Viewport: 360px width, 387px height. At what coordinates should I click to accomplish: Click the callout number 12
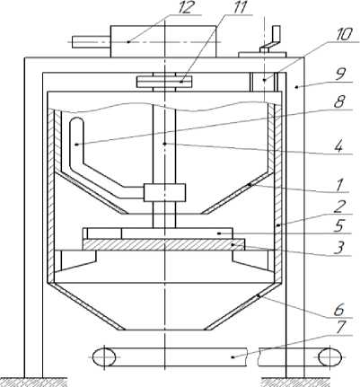pyautogui.click(x=184, y=7)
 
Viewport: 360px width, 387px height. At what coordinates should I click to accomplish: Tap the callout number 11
pyautogui.click(x=240, y=7)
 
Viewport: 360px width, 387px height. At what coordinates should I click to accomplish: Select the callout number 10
pyautogui.click(x=344, y=34)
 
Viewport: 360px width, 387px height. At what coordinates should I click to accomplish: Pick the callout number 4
pyautogui.click(x=339, y=147)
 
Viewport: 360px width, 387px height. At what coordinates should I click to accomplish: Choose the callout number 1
pyautogui.click(x=338, y=186)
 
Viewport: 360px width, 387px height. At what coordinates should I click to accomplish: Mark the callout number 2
pyautogui.click(x=339, y=207)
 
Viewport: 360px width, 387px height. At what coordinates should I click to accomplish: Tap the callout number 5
pyautogui.click(x=339, y=225)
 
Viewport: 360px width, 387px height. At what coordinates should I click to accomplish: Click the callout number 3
pyautogui.click(x=338, y=248)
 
